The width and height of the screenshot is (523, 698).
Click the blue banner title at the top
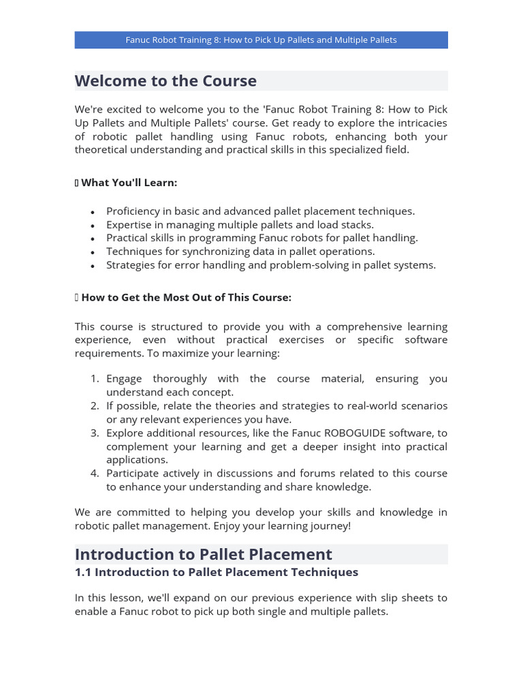[261, 40]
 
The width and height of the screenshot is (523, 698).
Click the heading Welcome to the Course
[165, 80]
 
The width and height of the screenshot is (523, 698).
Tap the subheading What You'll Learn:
[129, 183]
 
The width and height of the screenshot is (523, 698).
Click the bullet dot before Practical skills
[92, 239]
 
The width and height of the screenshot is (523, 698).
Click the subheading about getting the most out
[186, 298]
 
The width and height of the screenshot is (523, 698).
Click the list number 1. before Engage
[95, 378]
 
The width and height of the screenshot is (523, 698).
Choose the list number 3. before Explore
[95, 433]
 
